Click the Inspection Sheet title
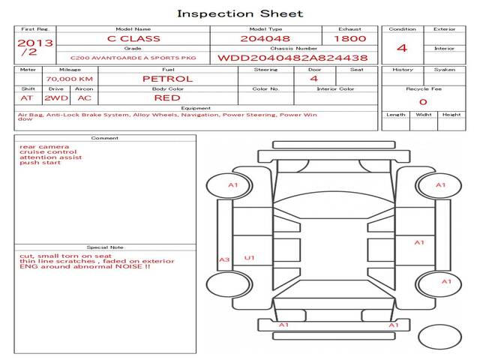[240, 13]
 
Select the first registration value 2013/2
[35, 47]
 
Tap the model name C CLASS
[133, 38]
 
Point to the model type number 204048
[265, 38]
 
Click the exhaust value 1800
[350, 38]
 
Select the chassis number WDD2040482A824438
[292, 58]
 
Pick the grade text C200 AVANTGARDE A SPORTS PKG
[133, 58]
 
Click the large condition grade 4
[402, 48]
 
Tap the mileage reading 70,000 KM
[70, 79]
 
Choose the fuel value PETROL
[168, 79]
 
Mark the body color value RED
[167, 98]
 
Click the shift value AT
[27, 98]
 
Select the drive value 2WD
[56, 98]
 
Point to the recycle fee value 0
[423, 102]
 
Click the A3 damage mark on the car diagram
[224, 259]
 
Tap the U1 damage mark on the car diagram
[250, 258]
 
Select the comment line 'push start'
[40, 163]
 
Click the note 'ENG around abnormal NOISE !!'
[85, 266]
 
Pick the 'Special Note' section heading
[105, 247]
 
